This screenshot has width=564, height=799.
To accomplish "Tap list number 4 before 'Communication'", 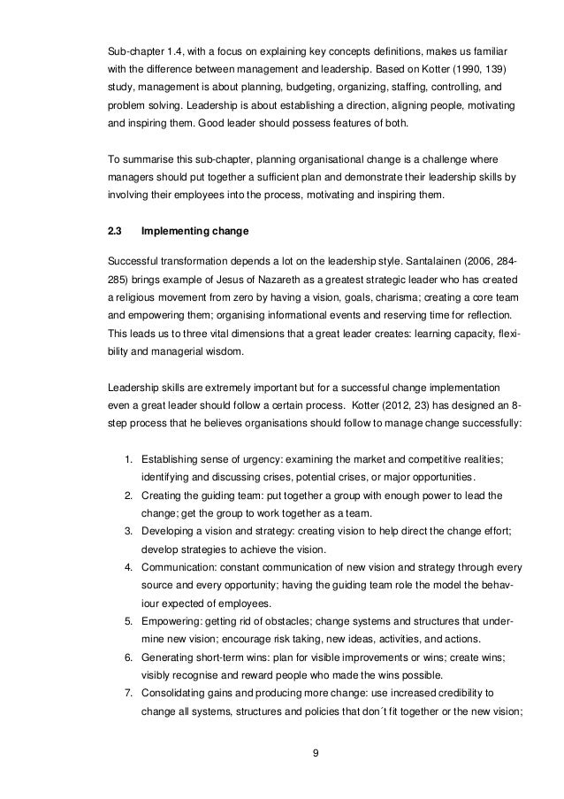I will [128, 565].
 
